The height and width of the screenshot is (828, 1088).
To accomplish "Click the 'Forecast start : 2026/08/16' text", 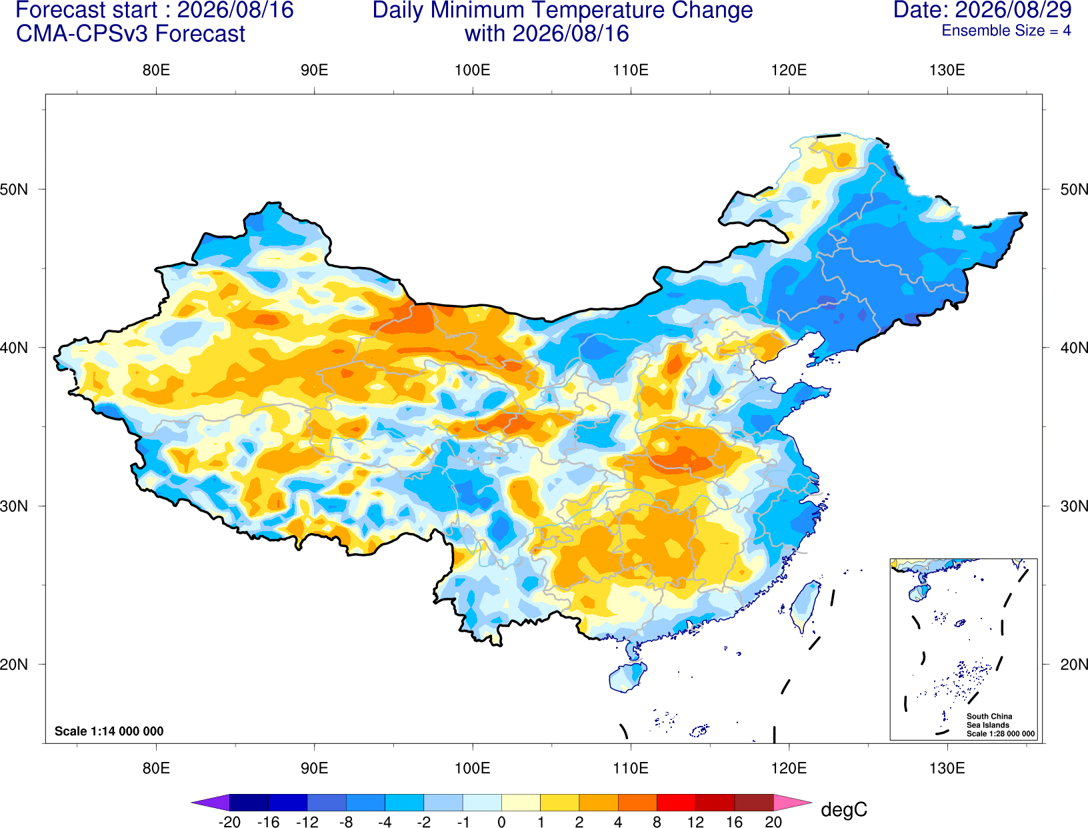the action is pos(155,10).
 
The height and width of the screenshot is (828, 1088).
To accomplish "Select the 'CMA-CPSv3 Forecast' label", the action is pos(131,34).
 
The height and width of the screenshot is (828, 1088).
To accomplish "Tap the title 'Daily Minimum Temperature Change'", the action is pos(563,11).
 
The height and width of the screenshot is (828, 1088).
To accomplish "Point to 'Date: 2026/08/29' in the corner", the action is pos(983,10).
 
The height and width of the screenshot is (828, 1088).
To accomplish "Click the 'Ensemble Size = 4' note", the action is pos(1006,31).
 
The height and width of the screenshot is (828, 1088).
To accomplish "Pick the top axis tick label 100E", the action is pos(473,70).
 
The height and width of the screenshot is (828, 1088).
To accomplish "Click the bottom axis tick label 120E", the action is pos(789,769).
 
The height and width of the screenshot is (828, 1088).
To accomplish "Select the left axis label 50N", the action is pos(14,189).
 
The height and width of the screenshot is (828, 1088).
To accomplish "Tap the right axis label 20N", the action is pos(1073,665).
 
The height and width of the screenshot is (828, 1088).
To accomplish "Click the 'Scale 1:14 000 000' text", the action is pos(109,731).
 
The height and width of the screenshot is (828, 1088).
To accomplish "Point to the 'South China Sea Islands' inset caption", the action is pos(989,721).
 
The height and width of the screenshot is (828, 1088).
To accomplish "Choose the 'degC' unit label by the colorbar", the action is pos(843,809).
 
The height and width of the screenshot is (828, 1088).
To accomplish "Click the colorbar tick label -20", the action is pos(229,822).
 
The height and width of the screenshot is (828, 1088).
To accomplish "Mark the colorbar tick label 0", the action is pos(501,822).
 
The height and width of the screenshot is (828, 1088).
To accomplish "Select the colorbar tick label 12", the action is pos(695,822).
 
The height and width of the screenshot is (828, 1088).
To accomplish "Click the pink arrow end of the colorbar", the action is pos(791,802).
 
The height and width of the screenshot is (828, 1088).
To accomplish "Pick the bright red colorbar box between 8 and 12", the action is pos(676,802).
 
